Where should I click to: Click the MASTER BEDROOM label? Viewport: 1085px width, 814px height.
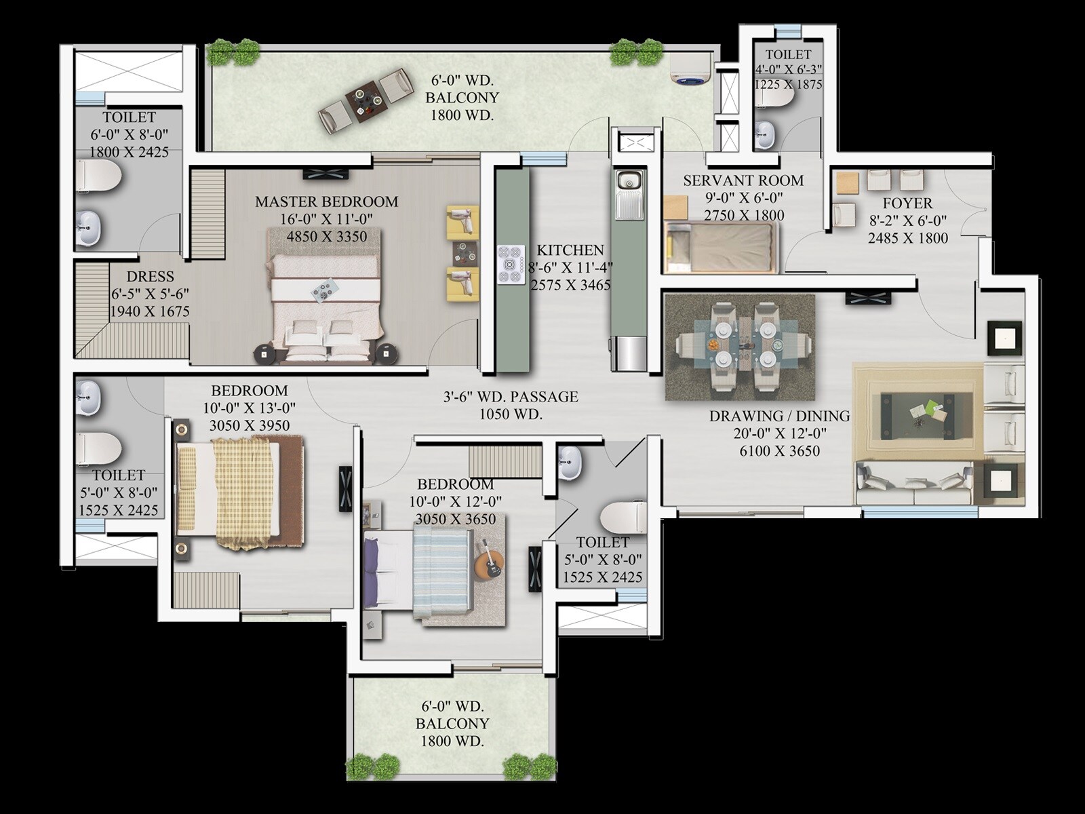[x=326, y=201]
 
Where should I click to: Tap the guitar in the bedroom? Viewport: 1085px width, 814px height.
[x=490, y=564]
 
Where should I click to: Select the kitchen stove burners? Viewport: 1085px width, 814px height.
[x=511, y=264]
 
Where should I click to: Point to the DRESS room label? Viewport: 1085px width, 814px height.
[x=150, y=277]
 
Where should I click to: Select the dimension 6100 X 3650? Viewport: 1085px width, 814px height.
[x=779, y=451]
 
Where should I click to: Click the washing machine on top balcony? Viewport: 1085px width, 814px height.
[x=691, y=69]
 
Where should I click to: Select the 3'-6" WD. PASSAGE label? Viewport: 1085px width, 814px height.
[x=511, y=397]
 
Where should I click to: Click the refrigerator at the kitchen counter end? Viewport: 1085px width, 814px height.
[x=629, y=353]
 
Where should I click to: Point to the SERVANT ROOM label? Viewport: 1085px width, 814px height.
[x=743, y=180]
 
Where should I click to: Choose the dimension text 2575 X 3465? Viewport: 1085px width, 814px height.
[x=570, y=286]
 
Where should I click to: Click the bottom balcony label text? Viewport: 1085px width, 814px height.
[x=452, y=723]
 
